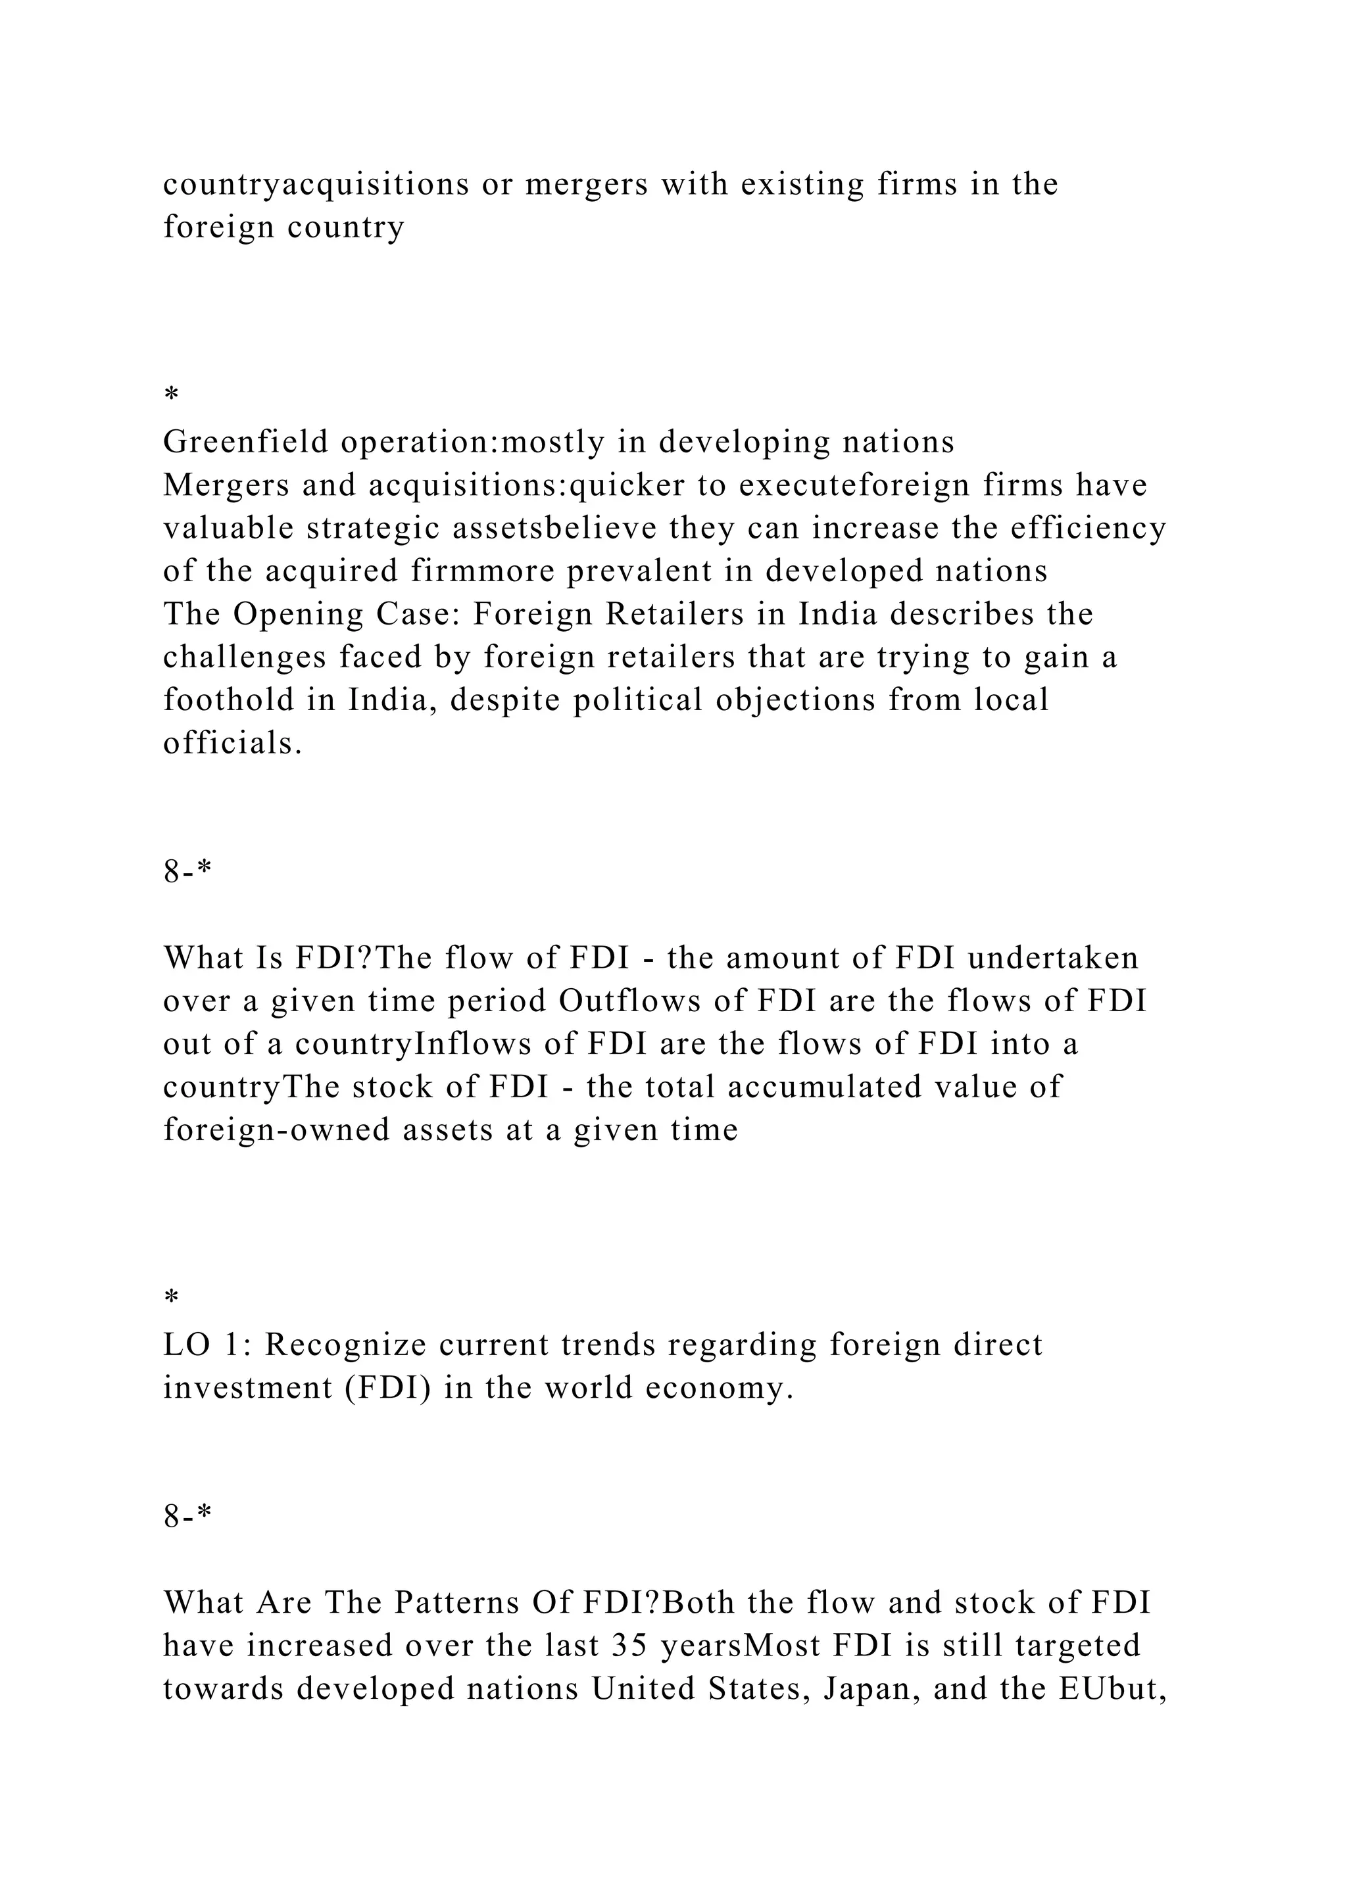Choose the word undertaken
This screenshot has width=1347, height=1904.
click(1054, 959)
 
